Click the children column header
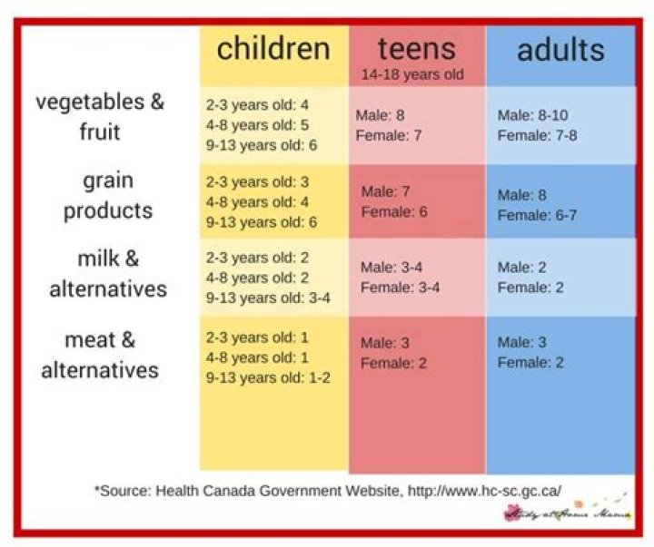[x=273, y=48]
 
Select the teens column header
[x=416, y=48]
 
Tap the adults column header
[x=560, y=49]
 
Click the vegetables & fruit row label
[x=100, y=116]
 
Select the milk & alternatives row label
[x=108, y=274]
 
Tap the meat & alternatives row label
[x=100, y=355]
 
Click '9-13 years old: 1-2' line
[x=267, y=376]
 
